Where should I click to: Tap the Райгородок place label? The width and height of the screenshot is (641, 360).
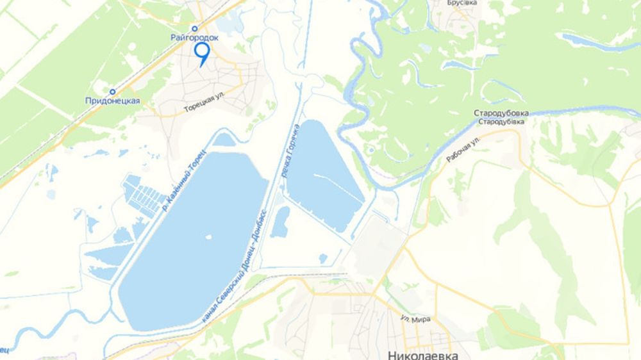click(195, 38)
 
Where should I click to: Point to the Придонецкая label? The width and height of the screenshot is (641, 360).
click(112, 101)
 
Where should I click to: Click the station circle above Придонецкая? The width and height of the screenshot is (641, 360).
click(112, 92)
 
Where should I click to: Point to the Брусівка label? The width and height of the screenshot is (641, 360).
click(463, 3)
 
